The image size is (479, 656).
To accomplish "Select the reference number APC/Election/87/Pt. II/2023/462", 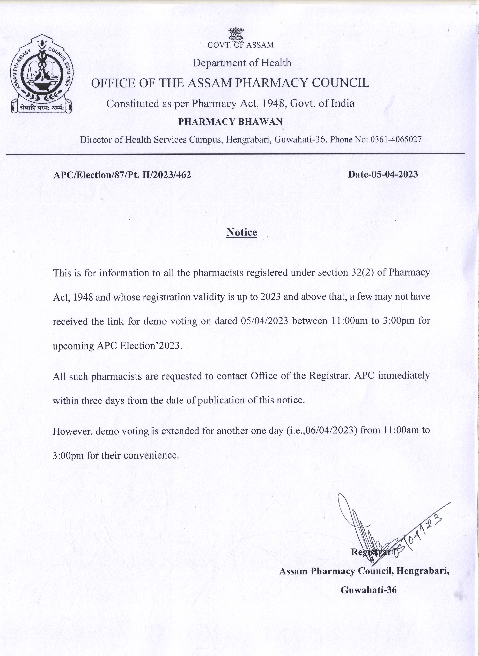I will click(x=122, y=175).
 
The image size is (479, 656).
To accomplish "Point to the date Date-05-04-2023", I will click(x=383, y=174).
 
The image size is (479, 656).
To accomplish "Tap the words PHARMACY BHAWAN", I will click(x=230, y=122).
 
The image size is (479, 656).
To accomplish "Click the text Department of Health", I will click(x=242, y=63).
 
